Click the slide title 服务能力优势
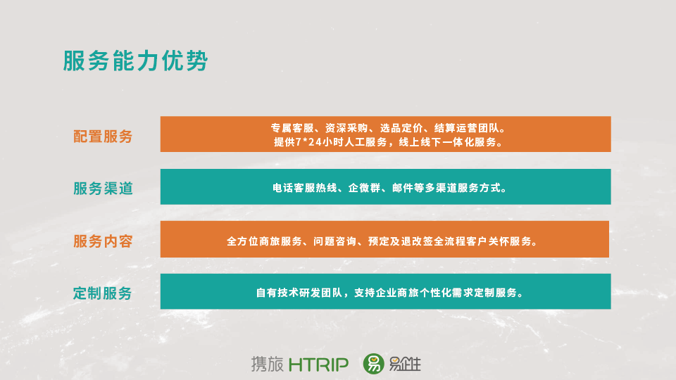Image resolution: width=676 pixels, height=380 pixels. (x=136, y=61)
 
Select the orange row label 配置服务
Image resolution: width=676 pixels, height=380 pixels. (x=103, y=136)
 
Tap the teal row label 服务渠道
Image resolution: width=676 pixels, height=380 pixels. (x=103, y=189)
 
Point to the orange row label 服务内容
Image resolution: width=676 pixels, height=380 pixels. (x=103, y=241)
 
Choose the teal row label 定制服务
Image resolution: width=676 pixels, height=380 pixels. (x=102, y=293)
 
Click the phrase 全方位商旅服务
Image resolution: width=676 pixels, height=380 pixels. (x=264, y=241)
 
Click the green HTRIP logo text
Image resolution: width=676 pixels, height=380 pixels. (x=318, y=365)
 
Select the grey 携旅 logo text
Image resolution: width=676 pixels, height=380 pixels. (x=268, y=364)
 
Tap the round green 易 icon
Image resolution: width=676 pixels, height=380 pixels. (x=373, y=364)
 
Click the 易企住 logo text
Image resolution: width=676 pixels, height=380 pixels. (x=405, y=364)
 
